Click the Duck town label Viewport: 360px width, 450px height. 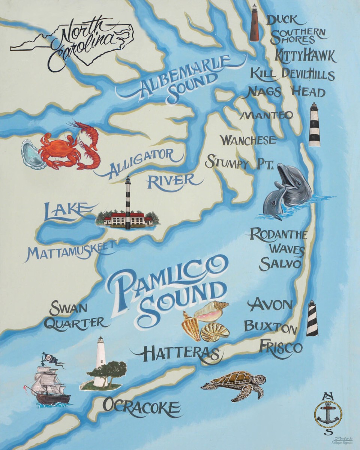(x=282, y=19)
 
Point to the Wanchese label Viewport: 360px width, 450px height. (x=248, y=141)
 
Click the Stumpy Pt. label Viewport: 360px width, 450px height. (x=239, y=163)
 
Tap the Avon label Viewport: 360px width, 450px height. (x=270, y=304)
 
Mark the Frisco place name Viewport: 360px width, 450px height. (x=280, y=347)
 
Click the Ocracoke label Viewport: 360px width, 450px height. (x=141, y=406)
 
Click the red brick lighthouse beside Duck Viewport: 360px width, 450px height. (x=254, y=23)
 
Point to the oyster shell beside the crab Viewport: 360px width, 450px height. (x=32, y=154)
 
